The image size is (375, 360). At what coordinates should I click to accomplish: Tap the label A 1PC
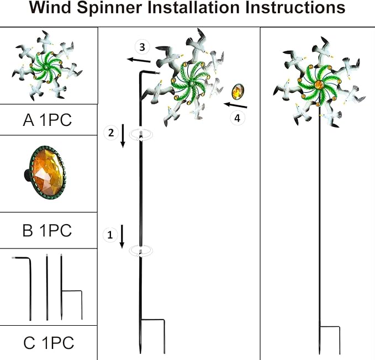47,120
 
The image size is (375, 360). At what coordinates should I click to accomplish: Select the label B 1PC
47,230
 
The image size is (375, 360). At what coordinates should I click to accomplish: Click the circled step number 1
110,235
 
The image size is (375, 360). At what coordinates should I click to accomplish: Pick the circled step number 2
110,132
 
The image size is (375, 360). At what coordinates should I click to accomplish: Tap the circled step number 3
142,46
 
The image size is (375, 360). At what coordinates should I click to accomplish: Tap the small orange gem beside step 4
239,91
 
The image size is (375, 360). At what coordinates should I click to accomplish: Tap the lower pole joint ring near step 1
141,251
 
